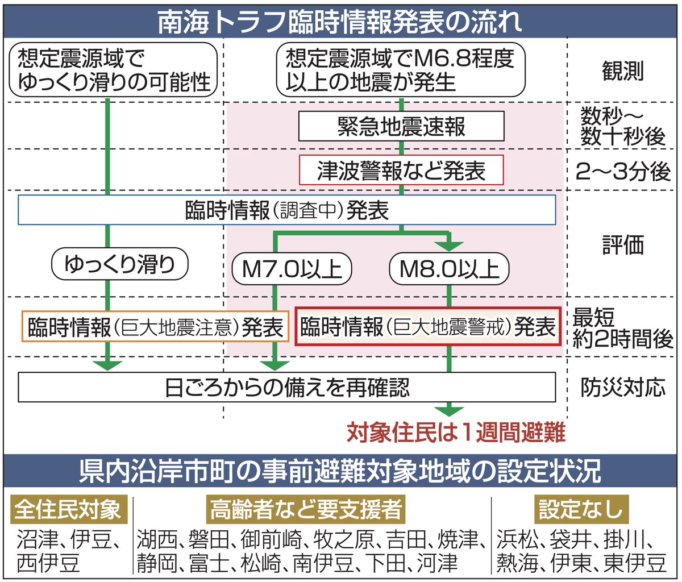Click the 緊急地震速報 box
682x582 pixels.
point(401,126)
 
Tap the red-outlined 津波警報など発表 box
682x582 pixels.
point(401,171)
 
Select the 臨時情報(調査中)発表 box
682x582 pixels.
point(287,210)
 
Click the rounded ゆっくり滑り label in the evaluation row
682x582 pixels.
point(119,264)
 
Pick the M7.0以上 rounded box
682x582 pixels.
point(292,268)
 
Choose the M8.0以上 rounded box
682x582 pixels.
point(449,268)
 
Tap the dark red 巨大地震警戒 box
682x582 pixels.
point(428,327)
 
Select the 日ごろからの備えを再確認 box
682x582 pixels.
point(287,388)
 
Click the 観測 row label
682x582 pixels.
point(622,72)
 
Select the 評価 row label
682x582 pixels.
point(622,246)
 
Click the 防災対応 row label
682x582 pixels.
point(622,388)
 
